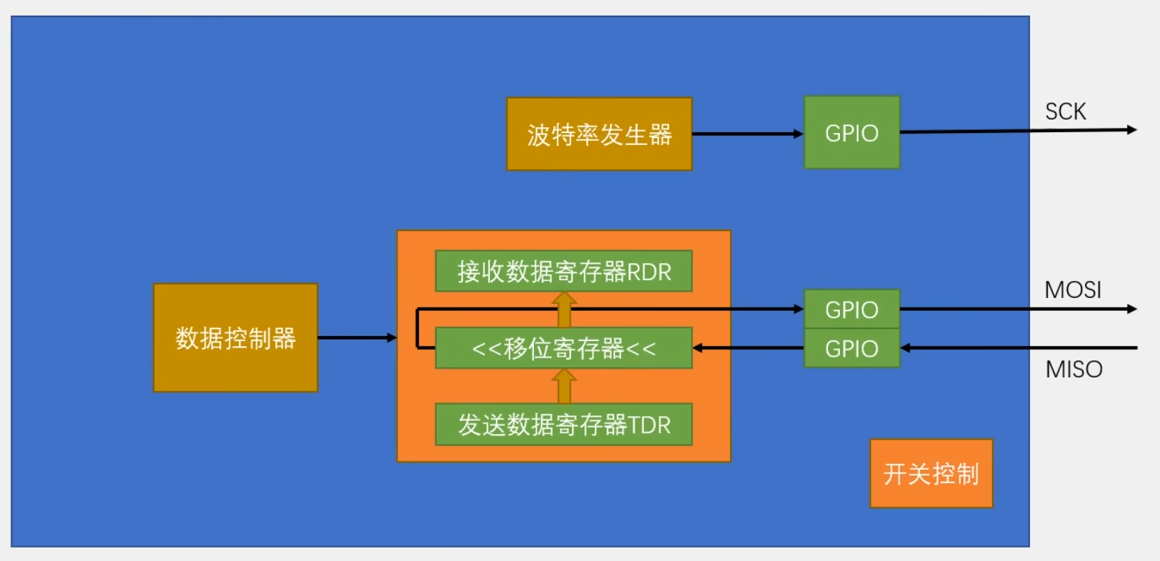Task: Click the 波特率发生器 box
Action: [x=599, y=134]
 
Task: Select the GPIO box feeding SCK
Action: [x=852, y=132]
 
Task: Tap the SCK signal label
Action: [x=1065, y=111]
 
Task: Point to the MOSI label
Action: [x=1072, y=290]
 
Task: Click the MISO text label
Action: [x=1074, y=369]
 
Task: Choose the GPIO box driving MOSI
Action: [x=852, y=309]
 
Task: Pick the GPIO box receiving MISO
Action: [x=852, y=348]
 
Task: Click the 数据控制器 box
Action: [x=235, y=338]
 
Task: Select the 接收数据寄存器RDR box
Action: [x=564, y=272]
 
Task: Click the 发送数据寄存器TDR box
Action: [x=564, y=425]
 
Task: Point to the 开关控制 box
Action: [x=931, y=474]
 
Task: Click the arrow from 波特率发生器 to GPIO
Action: [x=747, y=134]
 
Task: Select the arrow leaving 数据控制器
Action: [x=357, y=338]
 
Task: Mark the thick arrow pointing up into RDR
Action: [x=564, y=309]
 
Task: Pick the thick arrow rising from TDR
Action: [x=564, y=386]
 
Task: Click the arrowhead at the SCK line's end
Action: [x=1132, y=130]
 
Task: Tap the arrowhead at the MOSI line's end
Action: [x=1132, y=309]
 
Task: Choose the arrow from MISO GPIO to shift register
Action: [x=749, y=347]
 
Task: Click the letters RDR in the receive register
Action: [x=650, y=272]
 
